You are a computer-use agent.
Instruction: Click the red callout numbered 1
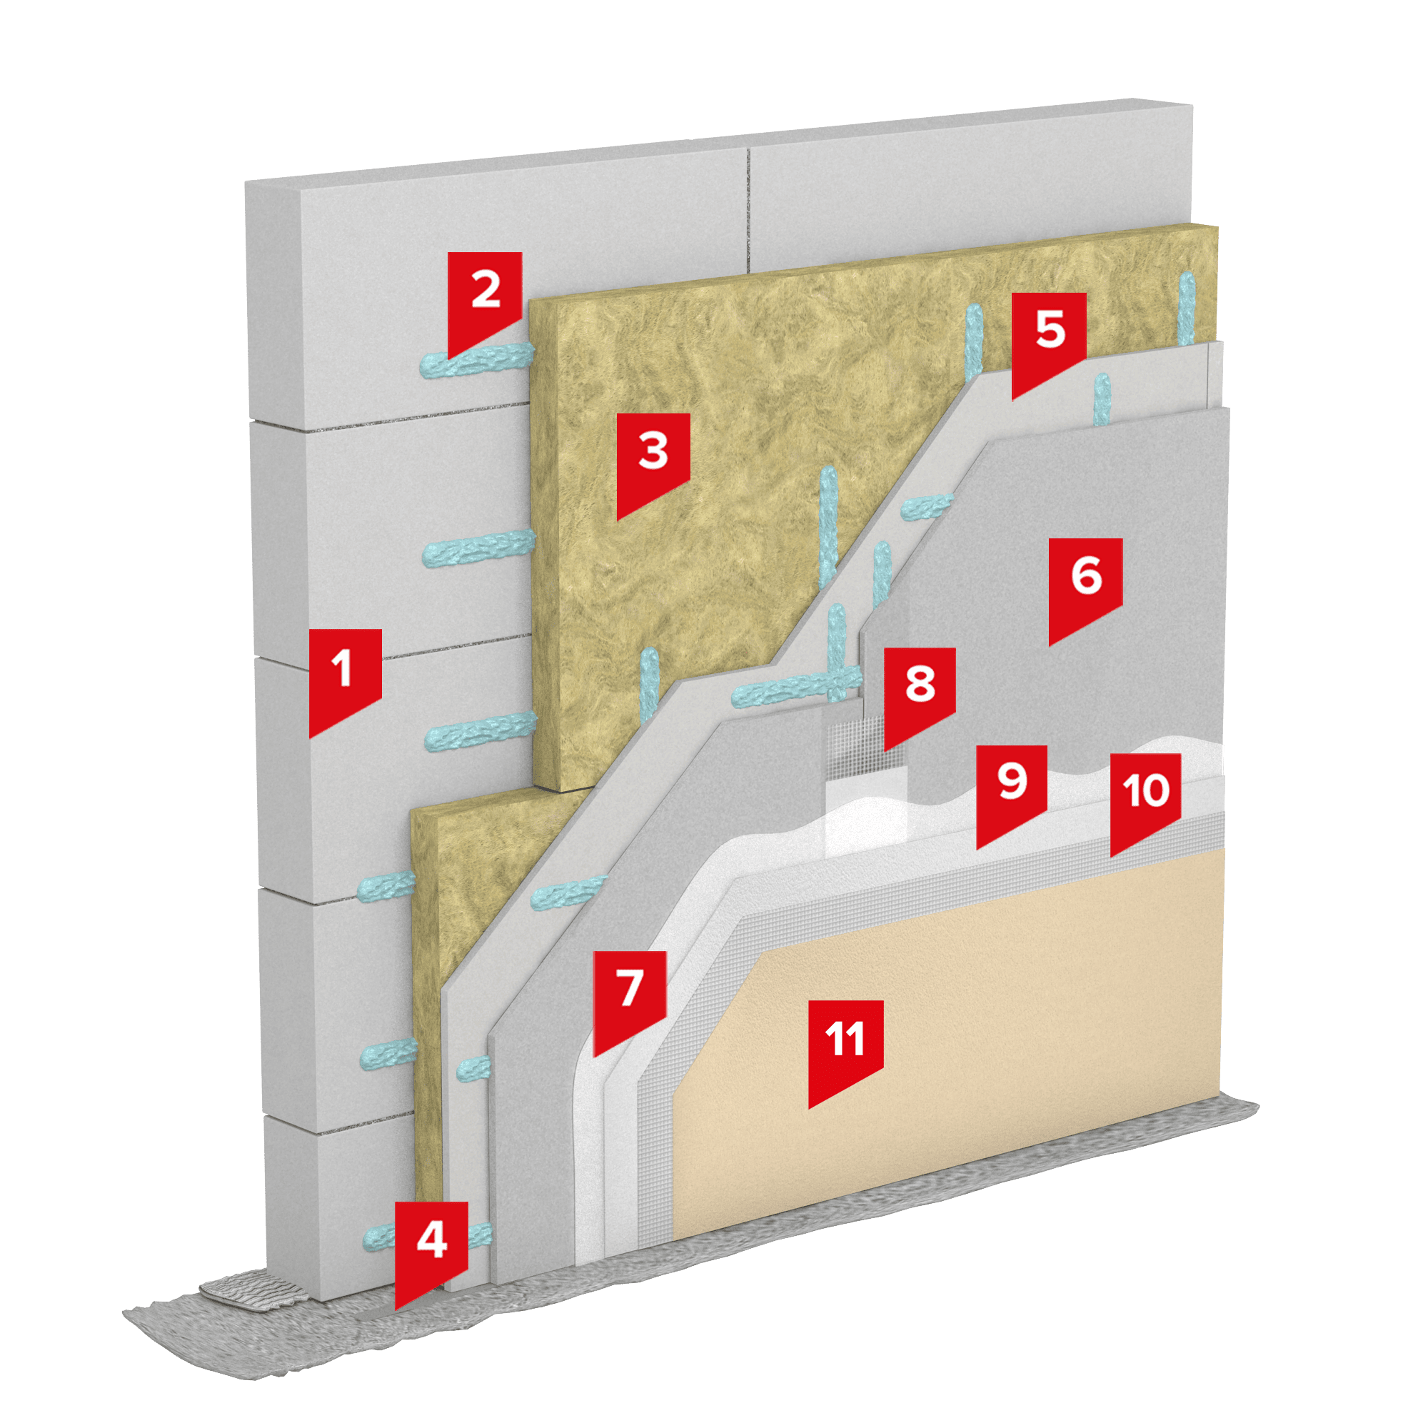[344, 677]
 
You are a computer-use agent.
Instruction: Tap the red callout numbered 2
[485, 298]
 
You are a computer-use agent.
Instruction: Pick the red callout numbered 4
[431, 1249]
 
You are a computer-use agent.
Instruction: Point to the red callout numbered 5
[1049, 339]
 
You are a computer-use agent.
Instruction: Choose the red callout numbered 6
[1086, 585]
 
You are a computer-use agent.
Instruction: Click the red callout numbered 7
[630, 998]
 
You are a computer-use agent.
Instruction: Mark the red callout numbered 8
[920, 694]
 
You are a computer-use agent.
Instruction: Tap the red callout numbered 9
[1012, 792]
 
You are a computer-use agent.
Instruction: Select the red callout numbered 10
[1145, 800]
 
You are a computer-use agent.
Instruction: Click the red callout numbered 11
[845, 1049]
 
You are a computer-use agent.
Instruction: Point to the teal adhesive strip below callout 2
[477, 360]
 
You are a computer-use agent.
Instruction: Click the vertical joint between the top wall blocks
[748, 211]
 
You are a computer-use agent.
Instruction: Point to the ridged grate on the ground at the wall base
[253, 1289]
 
